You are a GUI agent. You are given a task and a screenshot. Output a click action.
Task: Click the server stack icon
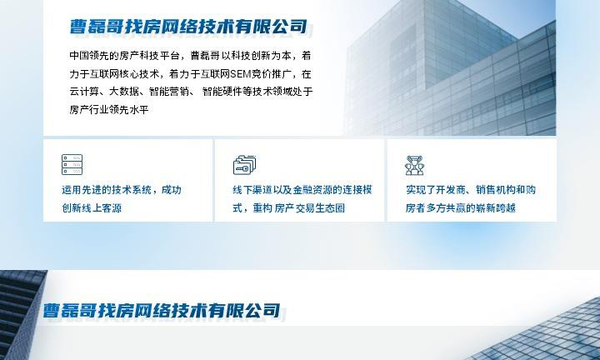tap(72, 164)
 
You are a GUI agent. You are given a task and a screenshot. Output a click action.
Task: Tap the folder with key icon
tap(244, 165)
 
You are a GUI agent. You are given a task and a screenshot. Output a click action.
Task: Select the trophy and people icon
tap(414, 165)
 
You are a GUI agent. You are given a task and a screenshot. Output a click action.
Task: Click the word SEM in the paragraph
tap(241, 74)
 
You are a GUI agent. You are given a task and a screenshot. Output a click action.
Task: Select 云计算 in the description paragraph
tap(84, 92)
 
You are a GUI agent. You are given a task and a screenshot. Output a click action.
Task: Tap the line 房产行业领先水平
tap(109, 110)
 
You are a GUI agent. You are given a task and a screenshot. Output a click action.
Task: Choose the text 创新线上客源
tap(92, 208)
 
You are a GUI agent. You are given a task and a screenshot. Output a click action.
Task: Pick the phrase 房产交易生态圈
tap(309, 208)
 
